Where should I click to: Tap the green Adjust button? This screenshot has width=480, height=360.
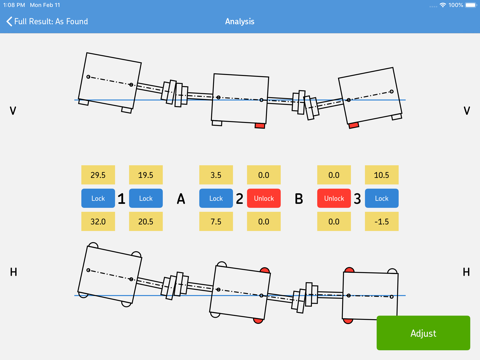pyautogui.click(x=423, y=333)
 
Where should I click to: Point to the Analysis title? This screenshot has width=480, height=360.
pyautogui.click(x=240, y=21)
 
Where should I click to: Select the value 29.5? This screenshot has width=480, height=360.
pyautogui.click(x=98, y=175)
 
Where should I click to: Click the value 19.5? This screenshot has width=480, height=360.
pyautogui.click(x=146, y=175)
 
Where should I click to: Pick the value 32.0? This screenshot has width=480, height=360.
pyautogui.click(x=98, y=222)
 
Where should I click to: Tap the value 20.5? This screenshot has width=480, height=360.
pyautogui.click(x=146, y=222)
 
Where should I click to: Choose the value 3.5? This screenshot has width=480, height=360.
pyautogui.click(x=216, y=175)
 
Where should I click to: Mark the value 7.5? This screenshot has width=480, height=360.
pyautogui.click(x=216, y=222)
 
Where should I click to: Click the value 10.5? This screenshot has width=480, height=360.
pyautogui.click(x=382, y=175)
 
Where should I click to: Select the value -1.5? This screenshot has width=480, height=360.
pyautogui.click(x=382, y=222)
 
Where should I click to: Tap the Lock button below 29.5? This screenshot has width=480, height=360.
pyautogui.click(x=98, y=198)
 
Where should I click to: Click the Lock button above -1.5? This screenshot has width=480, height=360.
pyautogui.click(x=382, y=198)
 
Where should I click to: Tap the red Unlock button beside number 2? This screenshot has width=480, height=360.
pyautogui.click(x=264, y=198)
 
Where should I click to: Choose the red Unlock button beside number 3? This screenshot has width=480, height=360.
pyautogui.click(x=334, y=198)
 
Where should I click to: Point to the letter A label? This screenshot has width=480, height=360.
pyautogui.click(x=181, y=199)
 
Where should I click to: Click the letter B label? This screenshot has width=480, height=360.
pyautogui.click(x=298, y=199)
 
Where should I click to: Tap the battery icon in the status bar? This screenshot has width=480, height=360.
pyautogui.click(x=468, y=5)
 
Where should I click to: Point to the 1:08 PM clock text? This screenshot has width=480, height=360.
pyautogui.click(x=15, y=5)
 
